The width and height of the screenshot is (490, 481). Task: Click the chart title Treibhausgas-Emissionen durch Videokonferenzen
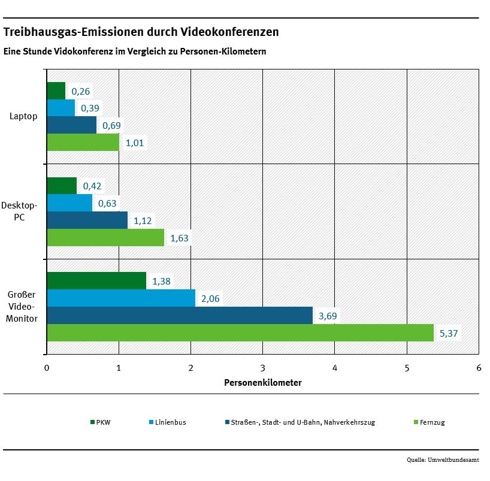(141, 31)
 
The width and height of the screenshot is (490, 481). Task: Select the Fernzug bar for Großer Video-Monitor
(240, 332)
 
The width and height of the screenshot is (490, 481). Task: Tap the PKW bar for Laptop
(56, 91)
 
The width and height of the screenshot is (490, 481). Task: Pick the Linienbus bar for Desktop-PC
(69, 203)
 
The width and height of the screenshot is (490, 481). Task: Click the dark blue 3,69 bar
(180, 315)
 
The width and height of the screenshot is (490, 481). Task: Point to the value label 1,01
(135, 143)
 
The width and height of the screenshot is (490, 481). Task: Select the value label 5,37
(449, 333)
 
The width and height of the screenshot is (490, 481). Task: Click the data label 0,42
(92, 186)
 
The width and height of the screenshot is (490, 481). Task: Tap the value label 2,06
(211, 298)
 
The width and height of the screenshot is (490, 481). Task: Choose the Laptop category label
(23, 116)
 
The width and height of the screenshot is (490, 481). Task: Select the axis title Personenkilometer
(262, 382)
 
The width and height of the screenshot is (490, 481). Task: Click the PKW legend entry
(100, 422)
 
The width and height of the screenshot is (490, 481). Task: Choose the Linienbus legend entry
(167, 422)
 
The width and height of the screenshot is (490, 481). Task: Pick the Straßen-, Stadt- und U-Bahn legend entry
(300, 422)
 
